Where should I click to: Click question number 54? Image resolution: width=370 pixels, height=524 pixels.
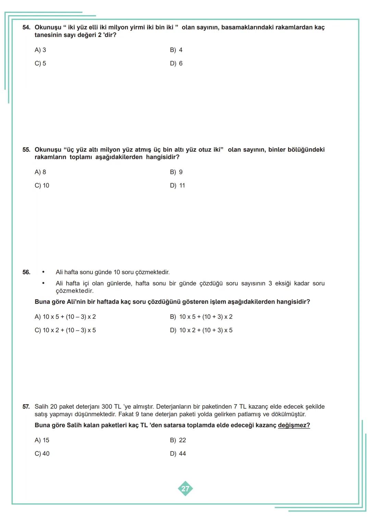coord(26,27)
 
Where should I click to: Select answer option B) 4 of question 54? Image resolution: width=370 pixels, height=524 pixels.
coord(176,50)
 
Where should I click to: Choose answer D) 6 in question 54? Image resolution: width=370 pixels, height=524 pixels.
coord(176,63)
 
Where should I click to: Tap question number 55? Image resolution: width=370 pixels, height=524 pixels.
coord(26,150)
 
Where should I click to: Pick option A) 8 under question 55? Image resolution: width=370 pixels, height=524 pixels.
coord(40,172)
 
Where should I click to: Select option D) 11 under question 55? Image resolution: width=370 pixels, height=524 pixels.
coord(177,186)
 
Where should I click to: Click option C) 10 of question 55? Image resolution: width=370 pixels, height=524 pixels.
coord(42,186)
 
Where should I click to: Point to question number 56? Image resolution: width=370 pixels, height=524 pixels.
coord(26,272)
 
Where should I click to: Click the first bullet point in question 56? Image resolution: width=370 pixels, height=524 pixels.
coord(43,272)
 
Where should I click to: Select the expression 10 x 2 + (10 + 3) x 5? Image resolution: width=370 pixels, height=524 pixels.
coord(205,330)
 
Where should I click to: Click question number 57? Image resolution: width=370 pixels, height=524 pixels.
coord(26,407)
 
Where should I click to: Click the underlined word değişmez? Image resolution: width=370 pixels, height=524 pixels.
coord(294,426)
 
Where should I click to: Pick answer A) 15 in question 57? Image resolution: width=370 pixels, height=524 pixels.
coord(42,440)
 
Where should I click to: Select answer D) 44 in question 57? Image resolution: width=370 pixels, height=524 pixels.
coord(178,454)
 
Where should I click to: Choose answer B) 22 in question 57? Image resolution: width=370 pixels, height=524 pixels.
coord(178,440)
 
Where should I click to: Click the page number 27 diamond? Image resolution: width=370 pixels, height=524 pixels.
coord(185,489)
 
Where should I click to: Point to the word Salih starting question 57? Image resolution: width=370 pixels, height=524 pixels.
coord(41,407)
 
